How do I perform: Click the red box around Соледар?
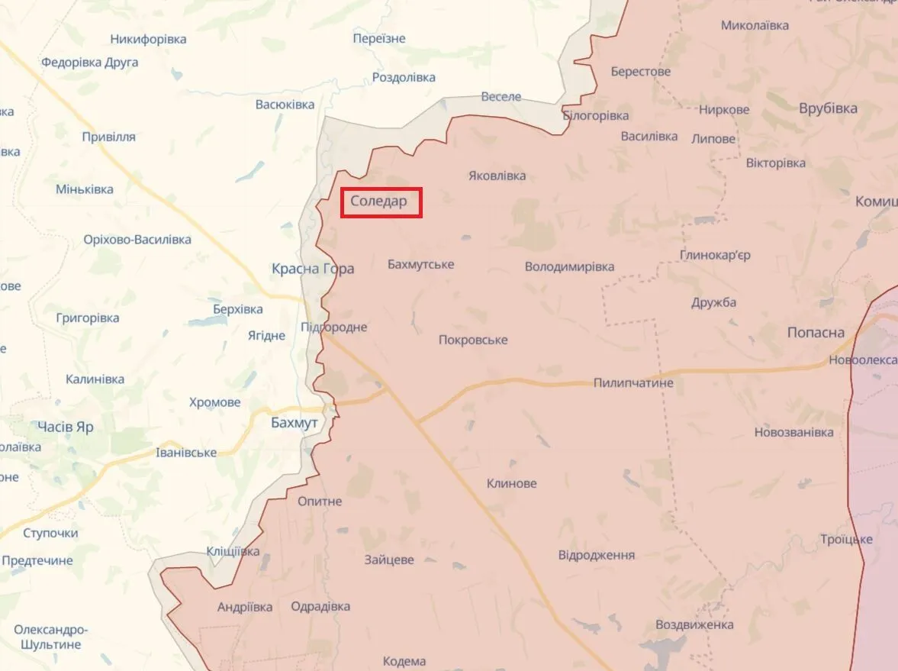click(x=381, y=203)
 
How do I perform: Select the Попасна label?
click(x=816, y=333)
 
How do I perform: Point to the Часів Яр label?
click(x=66, y=427)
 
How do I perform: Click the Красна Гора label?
click(x=313, y=269)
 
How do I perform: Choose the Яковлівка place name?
click(x=497, y=176)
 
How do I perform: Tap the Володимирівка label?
click(x=569, y=267)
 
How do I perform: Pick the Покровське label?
click(x=473, y=340)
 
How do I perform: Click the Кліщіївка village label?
click(x=233, y=551)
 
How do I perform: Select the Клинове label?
click(x=511, y=483)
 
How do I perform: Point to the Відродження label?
click(x=597, y=555)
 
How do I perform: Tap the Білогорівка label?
click(x=596, y=116)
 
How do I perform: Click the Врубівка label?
click(x=828, y=108)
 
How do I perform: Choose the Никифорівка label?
click(x=148, y=39)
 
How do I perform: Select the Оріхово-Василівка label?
click(x=137, y=240)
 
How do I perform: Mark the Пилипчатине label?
click(x=633, y=382)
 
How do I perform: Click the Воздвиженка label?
click(x=695, y=624)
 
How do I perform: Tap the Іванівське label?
click(x=186, y=453)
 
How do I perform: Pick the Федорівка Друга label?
click(x=90, y=63)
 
